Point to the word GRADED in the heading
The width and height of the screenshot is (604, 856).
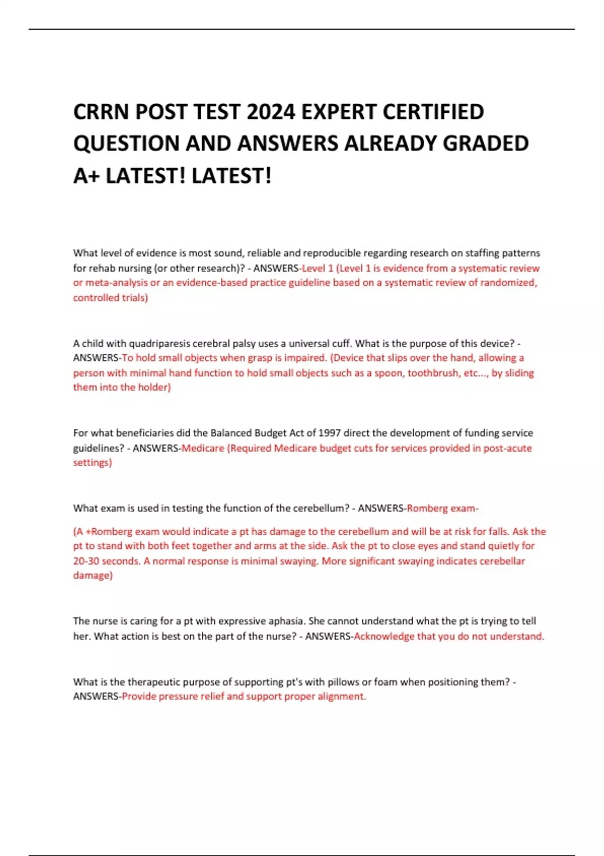[486, 144]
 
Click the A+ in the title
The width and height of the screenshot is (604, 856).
[86, 176]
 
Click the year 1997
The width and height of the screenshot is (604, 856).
[330, 433]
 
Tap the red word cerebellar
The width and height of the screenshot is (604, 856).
[499, 561]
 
